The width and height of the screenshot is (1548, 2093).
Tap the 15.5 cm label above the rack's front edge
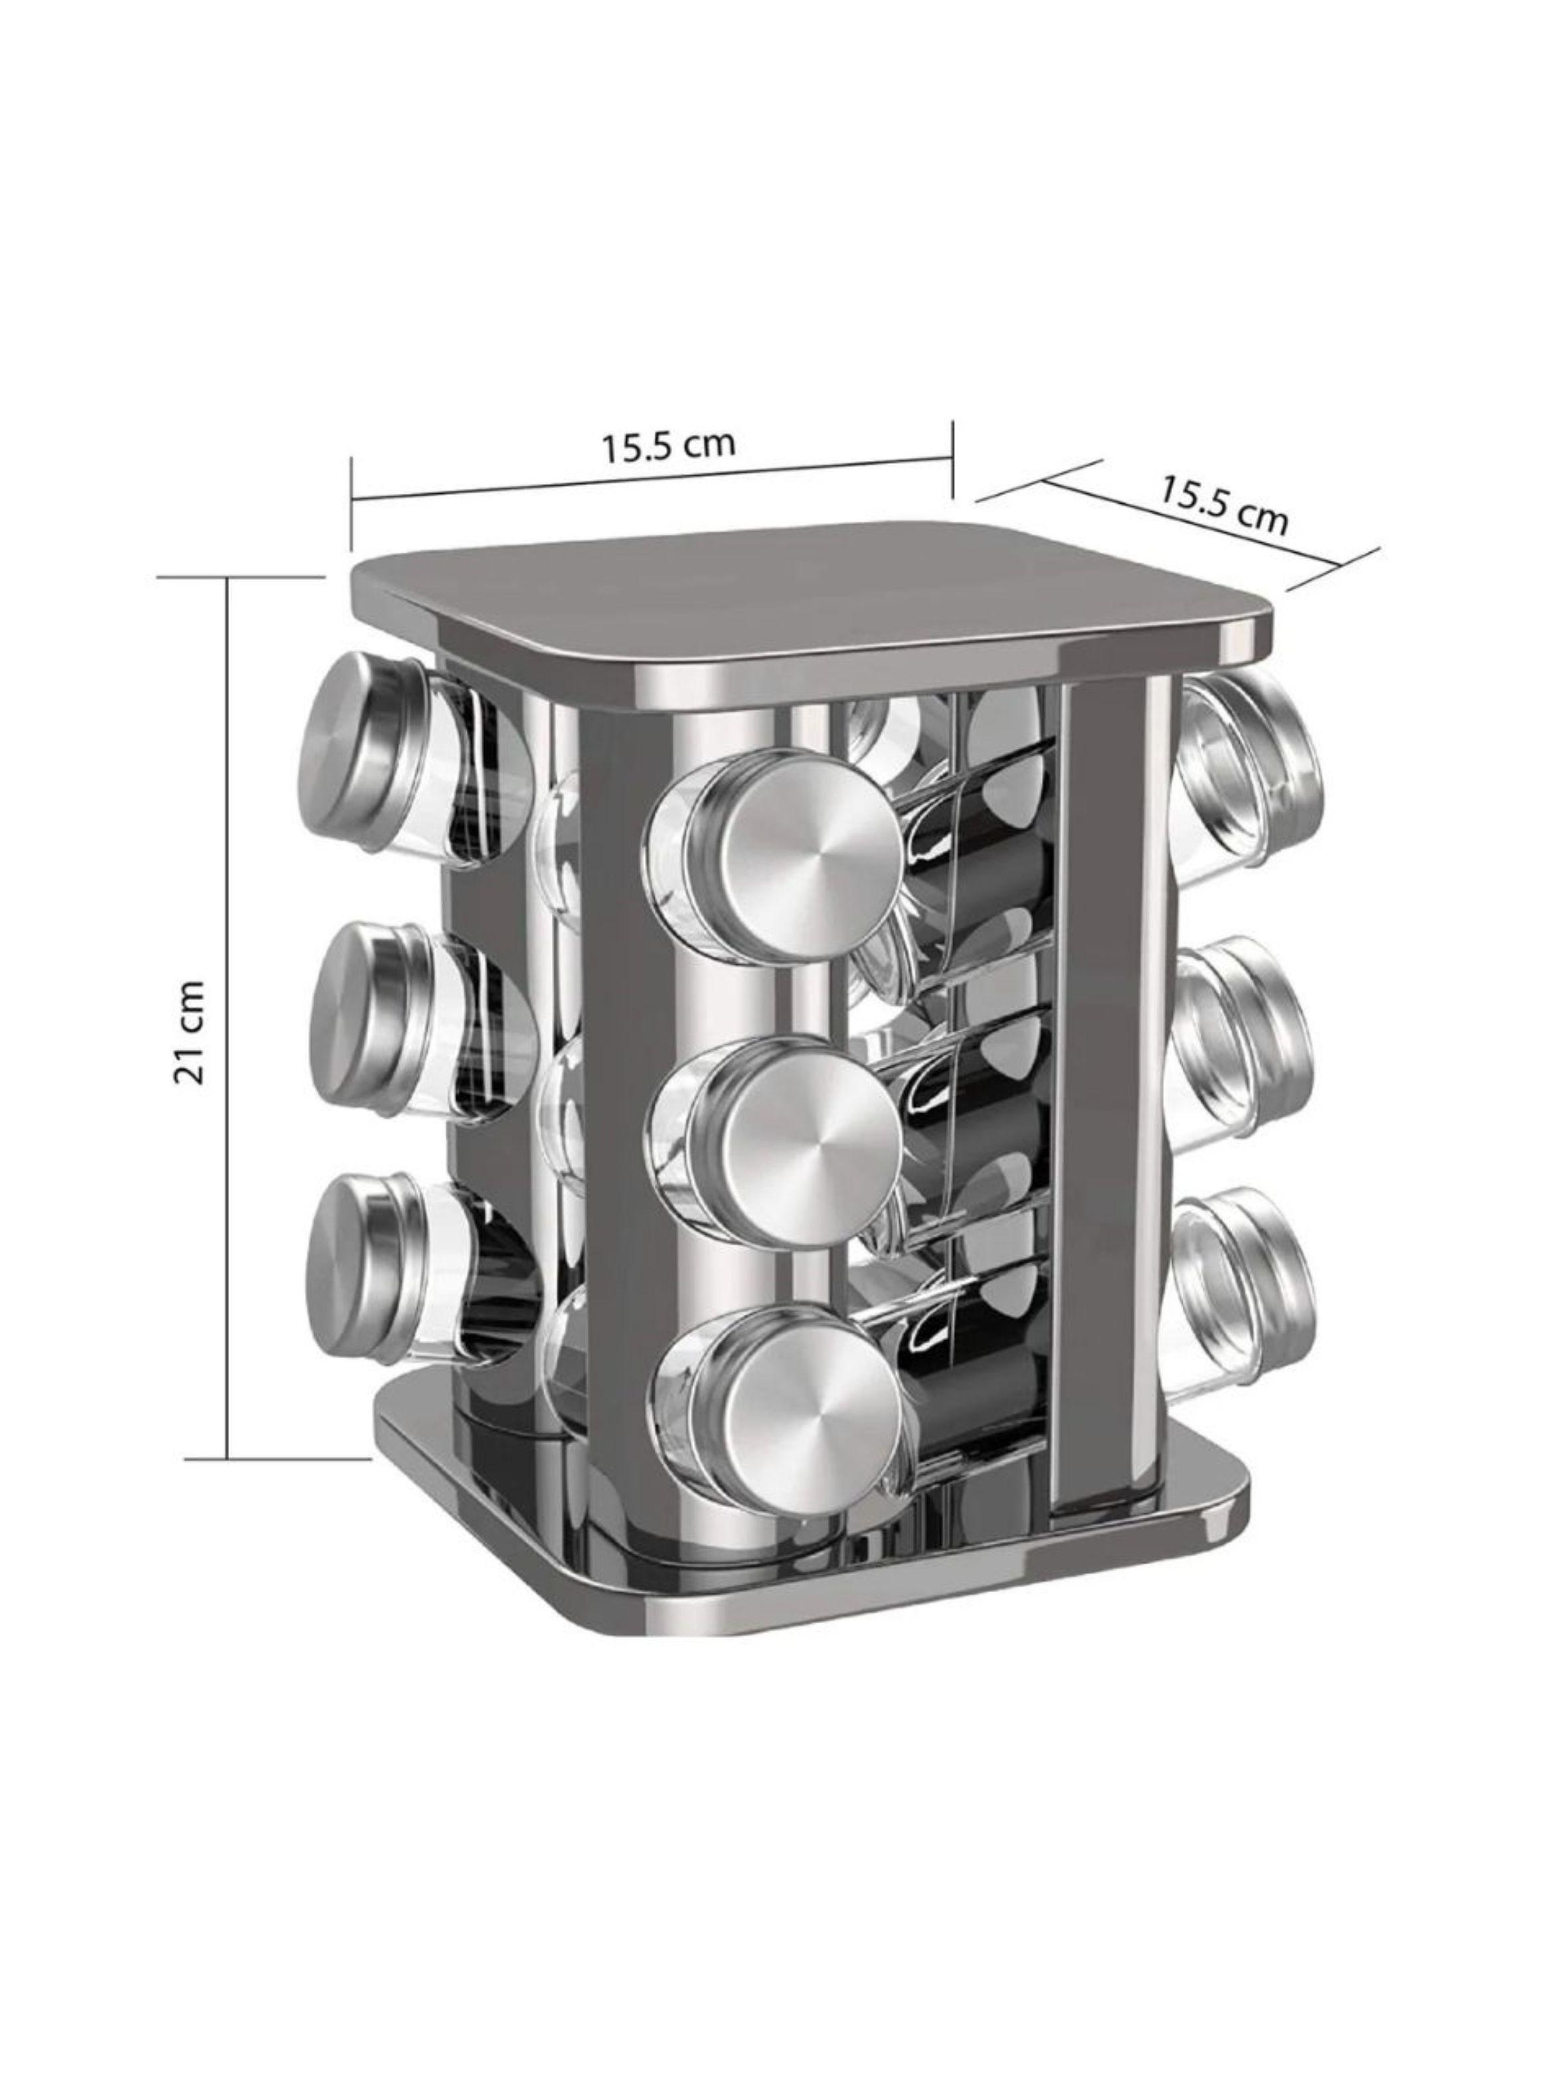(x=668, y=445)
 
